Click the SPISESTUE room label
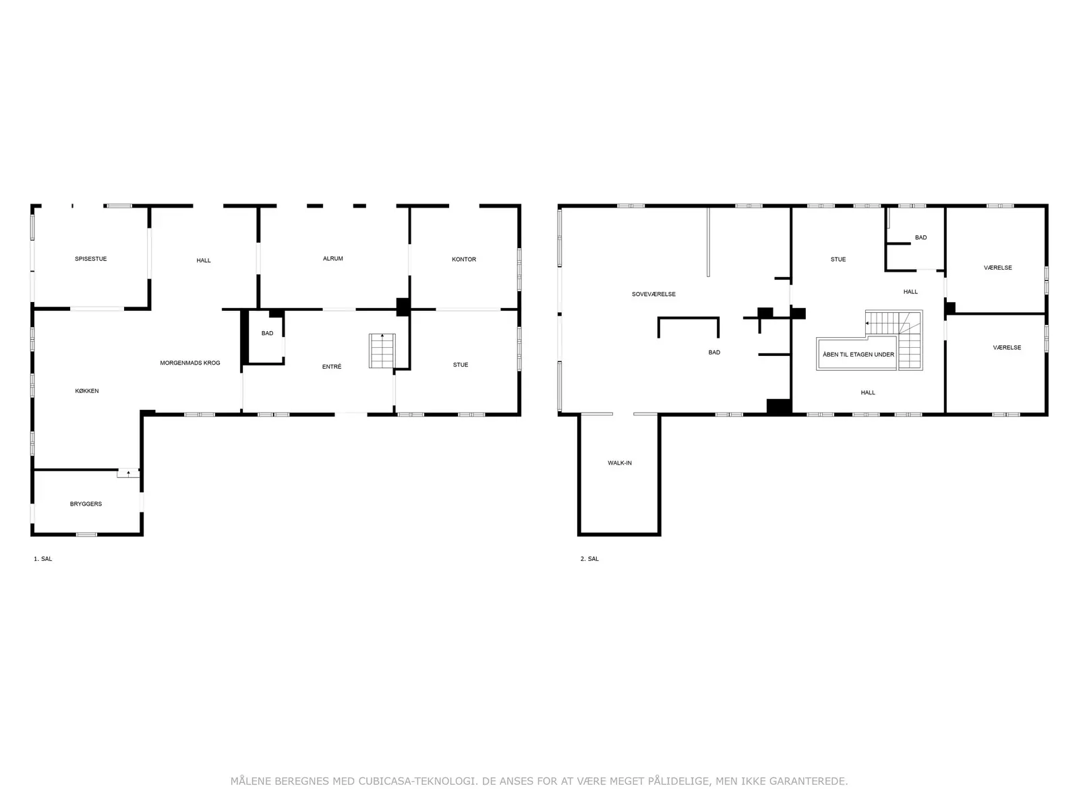coord(90,259)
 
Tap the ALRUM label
coord(332,258)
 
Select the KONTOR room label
coord(463,260)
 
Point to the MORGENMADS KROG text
coord(189,363)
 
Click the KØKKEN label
coord(86,391)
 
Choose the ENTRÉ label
coord(331,367)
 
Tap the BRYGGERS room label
coord(86,504)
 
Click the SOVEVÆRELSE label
coord(653,294)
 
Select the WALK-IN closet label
coord(619,462)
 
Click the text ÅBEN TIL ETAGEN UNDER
coord(858,354)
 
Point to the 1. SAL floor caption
coord(42,558)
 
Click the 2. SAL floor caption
coord(589,558)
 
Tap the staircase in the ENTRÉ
coord(382,351)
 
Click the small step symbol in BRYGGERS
coord(128,473)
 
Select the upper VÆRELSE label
coord(997,268)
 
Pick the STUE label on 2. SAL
coord(838,260)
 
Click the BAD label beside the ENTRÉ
coord(267,333)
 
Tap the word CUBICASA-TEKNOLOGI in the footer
coord(417,781)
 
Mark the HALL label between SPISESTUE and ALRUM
coord(203,260)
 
